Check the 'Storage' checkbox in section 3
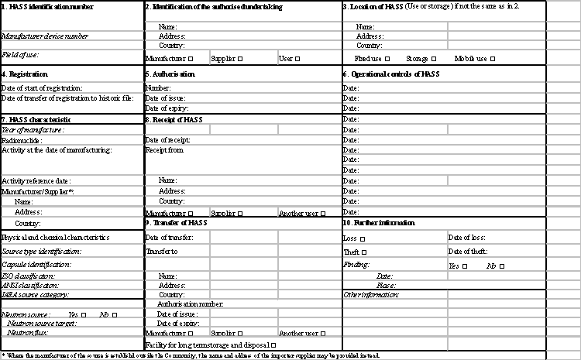[434, 58]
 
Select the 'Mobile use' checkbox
[492, 58]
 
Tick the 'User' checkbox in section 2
[297, 58]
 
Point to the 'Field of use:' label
[20, 55]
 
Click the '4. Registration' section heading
[25, 74]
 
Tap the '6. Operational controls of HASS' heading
[391, 74]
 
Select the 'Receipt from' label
[164, 150]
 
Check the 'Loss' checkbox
[363, 238]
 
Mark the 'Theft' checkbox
[364, 252]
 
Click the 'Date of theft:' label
[468, 252]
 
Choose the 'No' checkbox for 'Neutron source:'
[115, 315]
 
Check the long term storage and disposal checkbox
[273, 345]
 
